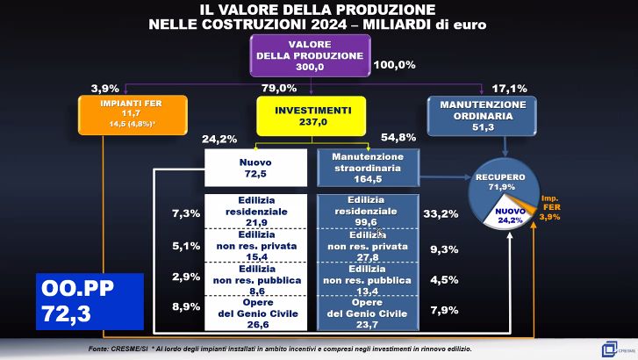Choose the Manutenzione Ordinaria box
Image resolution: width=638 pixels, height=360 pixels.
point(484,116)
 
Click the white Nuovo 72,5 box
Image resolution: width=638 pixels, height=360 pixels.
point(255,168)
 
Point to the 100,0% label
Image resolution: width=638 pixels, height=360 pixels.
point(395,65)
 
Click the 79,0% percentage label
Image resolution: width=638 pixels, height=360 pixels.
point(279,89)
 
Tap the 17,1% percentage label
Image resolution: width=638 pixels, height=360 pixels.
point(509,89)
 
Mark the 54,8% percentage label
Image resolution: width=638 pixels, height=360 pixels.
point(398,139)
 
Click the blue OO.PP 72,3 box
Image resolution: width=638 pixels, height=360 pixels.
point(90,301)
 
